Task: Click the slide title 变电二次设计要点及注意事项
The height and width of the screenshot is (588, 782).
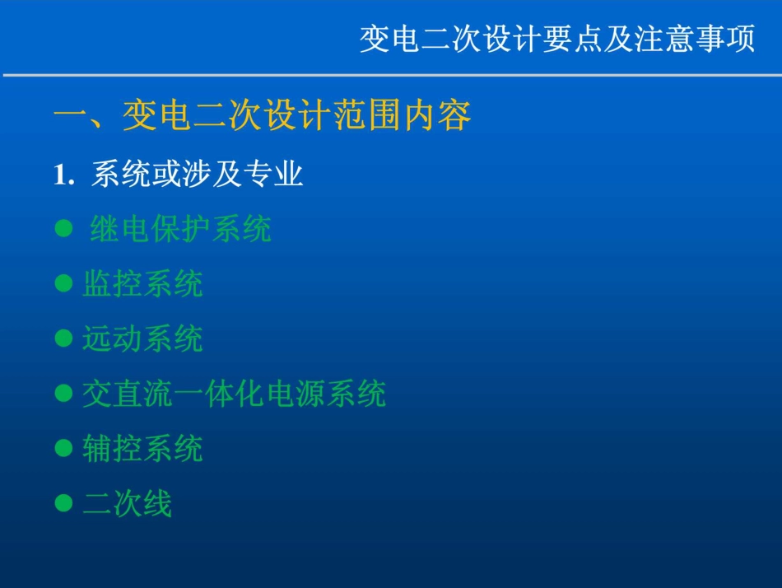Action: click(557, 39)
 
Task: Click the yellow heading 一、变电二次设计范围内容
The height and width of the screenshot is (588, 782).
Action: click(263, 116)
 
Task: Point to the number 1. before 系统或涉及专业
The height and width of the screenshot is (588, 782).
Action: click(64, 175)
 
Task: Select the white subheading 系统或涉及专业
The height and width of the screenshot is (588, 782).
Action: click(198, 175)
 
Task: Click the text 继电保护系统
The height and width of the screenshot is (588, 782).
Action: click(180, 229)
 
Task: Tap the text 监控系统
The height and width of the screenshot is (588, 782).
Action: click(142, 284)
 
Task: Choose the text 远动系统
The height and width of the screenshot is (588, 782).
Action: click(142, 338)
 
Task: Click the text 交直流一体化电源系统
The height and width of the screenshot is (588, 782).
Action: click(234, 394)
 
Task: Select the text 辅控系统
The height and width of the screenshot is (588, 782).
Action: click(142, 449)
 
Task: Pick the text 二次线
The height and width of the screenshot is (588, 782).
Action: click(128, 503)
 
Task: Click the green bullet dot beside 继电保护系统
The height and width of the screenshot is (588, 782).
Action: click(63, 229)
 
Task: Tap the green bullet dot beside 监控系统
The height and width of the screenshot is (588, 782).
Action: click(63, 284)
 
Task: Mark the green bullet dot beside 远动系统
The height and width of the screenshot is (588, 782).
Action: click(63, 338)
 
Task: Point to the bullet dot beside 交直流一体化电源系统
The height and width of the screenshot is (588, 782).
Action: click(63, 394)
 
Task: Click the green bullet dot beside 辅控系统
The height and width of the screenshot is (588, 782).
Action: click(63, 449)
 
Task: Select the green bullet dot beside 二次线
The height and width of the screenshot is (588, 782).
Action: click(63, 503)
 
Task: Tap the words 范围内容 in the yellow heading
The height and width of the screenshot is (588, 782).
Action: click(403, 116)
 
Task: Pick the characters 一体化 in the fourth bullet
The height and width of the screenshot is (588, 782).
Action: click(219, 394)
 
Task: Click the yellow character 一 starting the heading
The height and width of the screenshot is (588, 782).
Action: click(69, 116)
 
